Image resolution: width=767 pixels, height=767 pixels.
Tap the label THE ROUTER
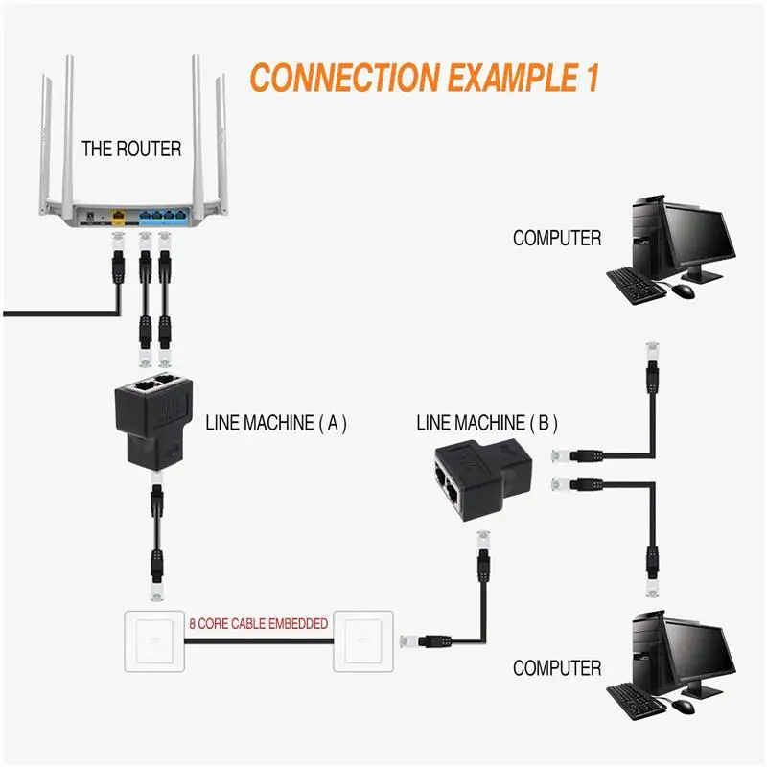[131, 149]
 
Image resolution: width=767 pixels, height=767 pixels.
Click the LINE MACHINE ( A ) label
[276, 422]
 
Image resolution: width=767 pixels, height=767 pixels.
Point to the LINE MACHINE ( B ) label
[487, 422]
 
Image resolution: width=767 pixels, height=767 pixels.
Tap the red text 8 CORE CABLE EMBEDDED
[258, 624]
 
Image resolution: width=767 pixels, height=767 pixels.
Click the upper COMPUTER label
[557, 238]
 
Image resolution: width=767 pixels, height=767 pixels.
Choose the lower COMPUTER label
[557, 668]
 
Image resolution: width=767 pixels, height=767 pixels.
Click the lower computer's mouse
[683, 706]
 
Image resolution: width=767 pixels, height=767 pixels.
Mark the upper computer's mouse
[683, 291]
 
